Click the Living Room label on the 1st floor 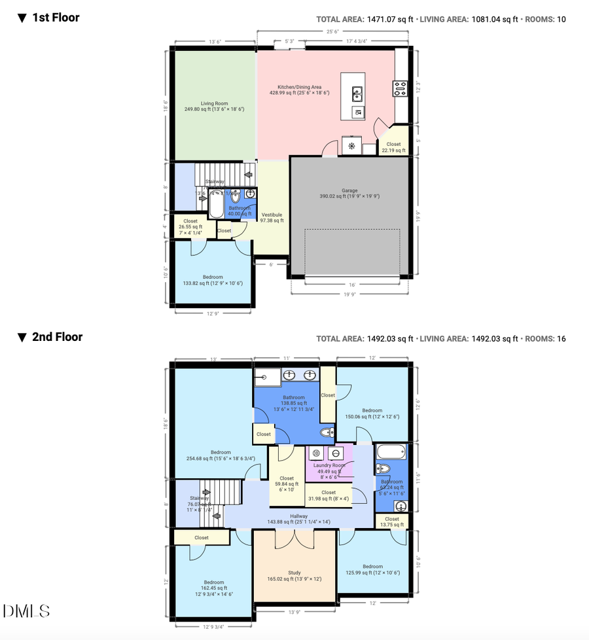[214, 103]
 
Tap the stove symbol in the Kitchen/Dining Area [400, 88]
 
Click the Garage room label [348, 190]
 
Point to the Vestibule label [272, 215]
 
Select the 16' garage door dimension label [352, 285]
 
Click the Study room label [294, 573]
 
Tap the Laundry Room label [329, 465]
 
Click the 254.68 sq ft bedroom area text [221, 458]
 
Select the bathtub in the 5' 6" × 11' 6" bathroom [391, 451]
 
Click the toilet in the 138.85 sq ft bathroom [327, 433]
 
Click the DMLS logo [26, 611]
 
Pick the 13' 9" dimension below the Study [294, 612]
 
